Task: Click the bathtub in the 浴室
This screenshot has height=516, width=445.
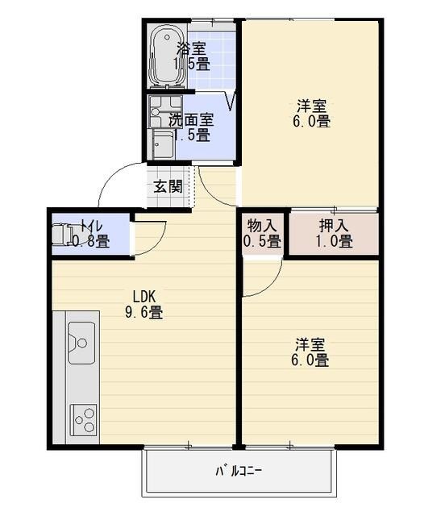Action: coord(168,56)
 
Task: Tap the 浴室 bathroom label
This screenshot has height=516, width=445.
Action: coord(193,48)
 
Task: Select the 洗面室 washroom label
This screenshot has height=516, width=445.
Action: coord(191,119)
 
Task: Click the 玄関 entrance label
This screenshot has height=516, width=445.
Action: coord(168,186)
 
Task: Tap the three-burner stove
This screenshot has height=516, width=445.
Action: coord(83,418)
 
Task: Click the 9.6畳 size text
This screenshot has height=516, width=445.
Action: coord(143,312)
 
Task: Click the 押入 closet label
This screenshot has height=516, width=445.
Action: coord(335,224)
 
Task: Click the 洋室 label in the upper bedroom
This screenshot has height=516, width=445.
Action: coord(311,106)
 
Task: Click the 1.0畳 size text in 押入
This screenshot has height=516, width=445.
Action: coord(335,240)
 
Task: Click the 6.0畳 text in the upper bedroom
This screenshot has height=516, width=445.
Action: coord(311,122)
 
